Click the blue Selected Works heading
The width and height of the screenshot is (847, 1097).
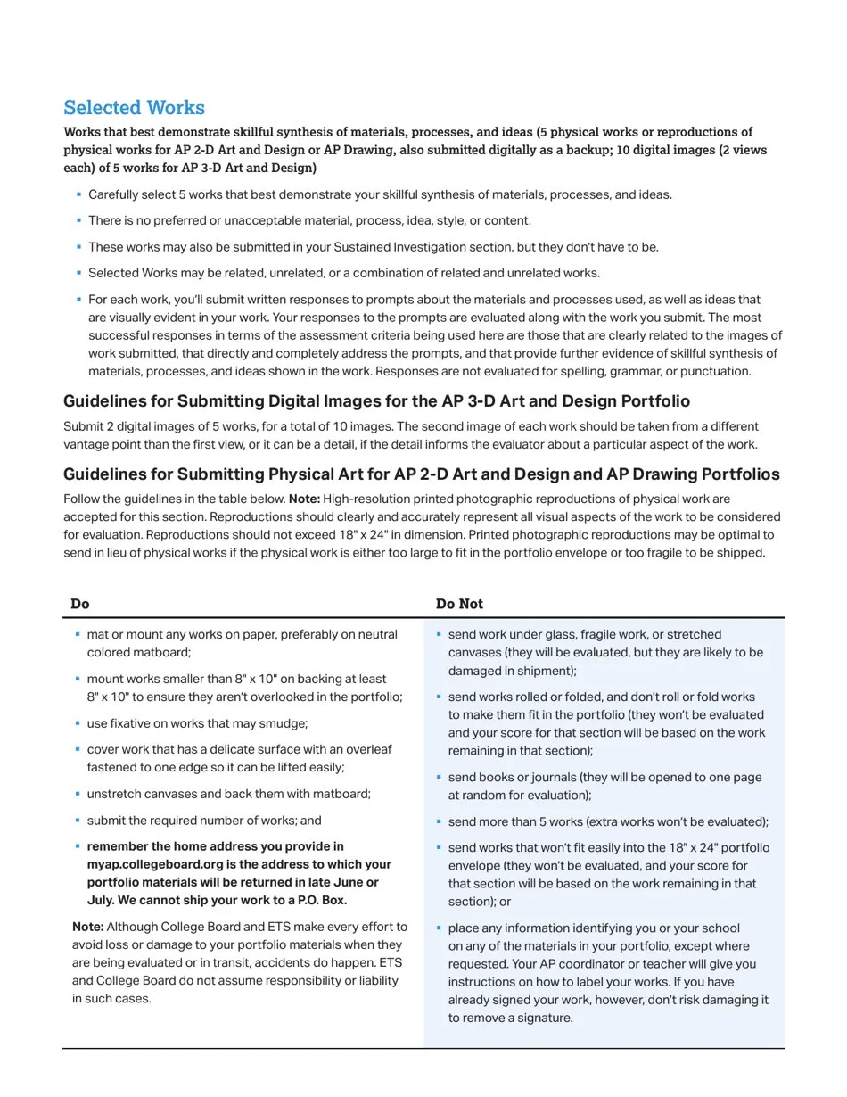(x=134, y=108)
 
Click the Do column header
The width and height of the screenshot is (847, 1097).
(x=80, y=604)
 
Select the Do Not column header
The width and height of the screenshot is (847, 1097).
(x=459, y=604)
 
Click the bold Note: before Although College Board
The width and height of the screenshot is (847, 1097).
(x=87, y=928)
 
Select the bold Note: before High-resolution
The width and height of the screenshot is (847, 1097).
(x=304, y=499)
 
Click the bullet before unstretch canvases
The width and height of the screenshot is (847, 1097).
(x=78, y=793)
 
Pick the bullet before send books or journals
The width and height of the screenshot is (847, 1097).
(x=440, y=777)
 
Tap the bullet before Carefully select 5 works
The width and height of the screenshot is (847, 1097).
(x=78, y=194)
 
